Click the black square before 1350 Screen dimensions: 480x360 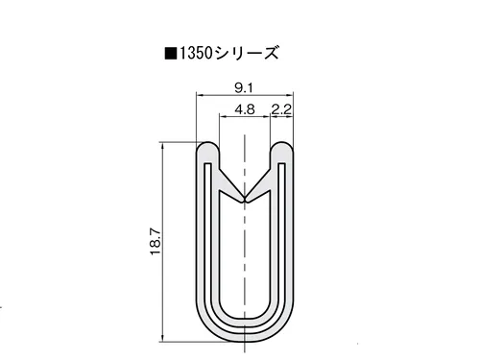click(171, 54)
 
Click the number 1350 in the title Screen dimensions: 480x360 click(196, 53)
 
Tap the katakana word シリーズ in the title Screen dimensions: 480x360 click(247, 53)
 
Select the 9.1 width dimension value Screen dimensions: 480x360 click(244, 87)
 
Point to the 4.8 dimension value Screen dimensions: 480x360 click(245, 109)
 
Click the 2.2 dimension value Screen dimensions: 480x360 click(281, 109)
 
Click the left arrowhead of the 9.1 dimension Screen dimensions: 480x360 click(200, 95)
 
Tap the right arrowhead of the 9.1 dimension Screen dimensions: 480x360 click(290, 95)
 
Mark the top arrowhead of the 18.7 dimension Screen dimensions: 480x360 click(162, 146)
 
